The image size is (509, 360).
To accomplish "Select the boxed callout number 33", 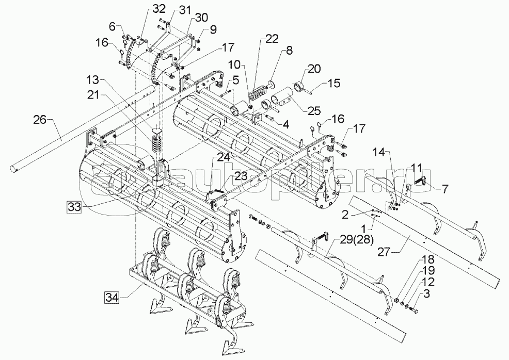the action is pos(74,207).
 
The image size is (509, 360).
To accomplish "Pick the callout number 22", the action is pos(272,39).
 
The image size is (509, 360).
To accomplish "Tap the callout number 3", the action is pos(426,294).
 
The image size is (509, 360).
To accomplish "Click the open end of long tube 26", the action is pos(13,168).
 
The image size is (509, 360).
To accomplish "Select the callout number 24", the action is pos(224,158).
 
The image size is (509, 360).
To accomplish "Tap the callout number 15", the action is pos(333,83).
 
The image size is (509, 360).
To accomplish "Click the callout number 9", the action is pos(213,29).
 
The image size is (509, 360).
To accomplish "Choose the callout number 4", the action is pos(285,124).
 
